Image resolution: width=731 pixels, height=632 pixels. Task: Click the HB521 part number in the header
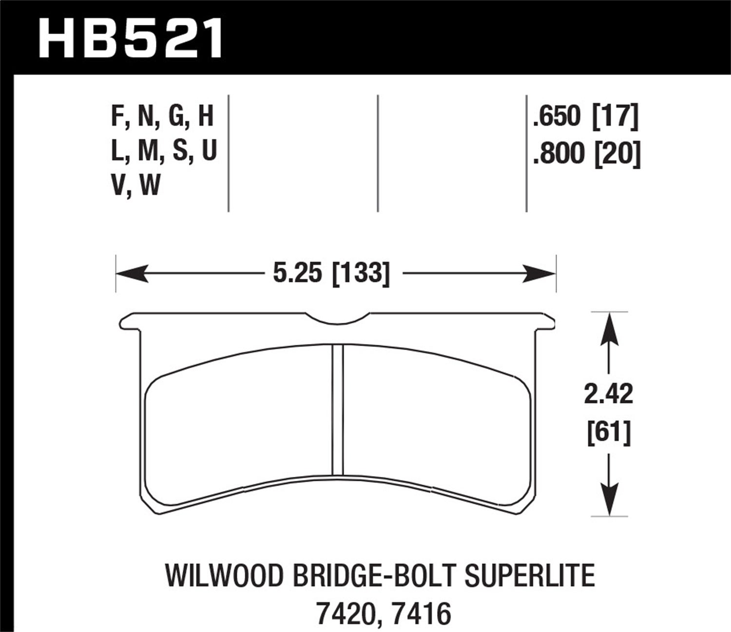(131, 38)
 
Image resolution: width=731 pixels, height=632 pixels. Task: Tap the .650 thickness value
(557, 117)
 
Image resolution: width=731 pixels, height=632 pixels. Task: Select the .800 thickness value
(558, 154)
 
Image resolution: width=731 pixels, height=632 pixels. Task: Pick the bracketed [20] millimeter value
(617, 154)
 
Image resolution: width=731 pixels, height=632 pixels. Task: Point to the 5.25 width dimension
(298, 274)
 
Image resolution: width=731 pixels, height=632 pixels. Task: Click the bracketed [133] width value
(361, 274)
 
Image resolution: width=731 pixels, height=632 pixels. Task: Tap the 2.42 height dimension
(609, 394)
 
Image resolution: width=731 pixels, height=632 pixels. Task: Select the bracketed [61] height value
(609, 432)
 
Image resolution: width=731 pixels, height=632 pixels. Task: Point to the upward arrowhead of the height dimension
(609, 324)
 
